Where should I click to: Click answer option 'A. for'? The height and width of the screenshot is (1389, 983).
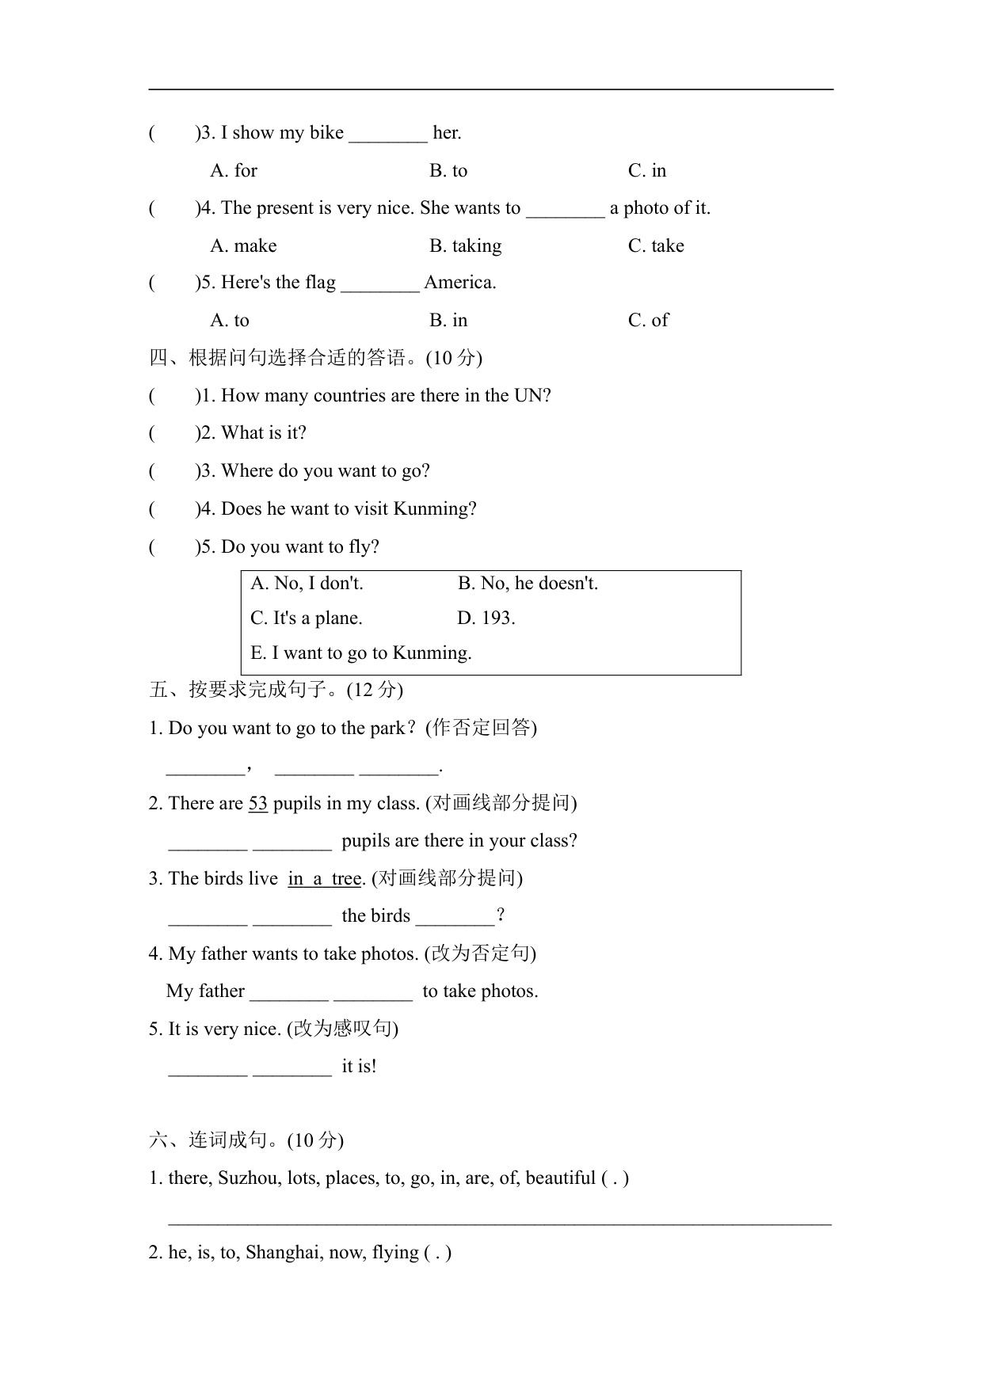[234, 171]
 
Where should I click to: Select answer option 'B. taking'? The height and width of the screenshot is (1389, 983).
[465, 246]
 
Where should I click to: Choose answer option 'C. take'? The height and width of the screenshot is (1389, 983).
[656, 246]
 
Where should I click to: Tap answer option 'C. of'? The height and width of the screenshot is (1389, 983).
[648, 321]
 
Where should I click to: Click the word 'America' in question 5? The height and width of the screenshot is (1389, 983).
[459, 283]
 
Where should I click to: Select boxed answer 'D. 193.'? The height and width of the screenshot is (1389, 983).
[486, 618]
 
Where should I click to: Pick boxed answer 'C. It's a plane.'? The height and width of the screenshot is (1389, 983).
[306, 618]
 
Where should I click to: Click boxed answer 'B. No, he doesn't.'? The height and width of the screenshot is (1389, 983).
[528, 584]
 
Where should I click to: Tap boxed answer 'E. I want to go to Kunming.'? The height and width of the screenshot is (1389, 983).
[360, 653]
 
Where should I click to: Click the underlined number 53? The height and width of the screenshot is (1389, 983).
[258, 804]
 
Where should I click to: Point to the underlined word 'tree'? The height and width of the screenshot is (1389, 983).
[346, 879]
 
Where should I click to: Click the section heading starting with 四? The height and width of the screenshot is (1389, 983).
[315, 358]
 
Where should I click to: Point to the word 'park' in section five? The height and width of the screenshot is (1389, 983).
[387, 729]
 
